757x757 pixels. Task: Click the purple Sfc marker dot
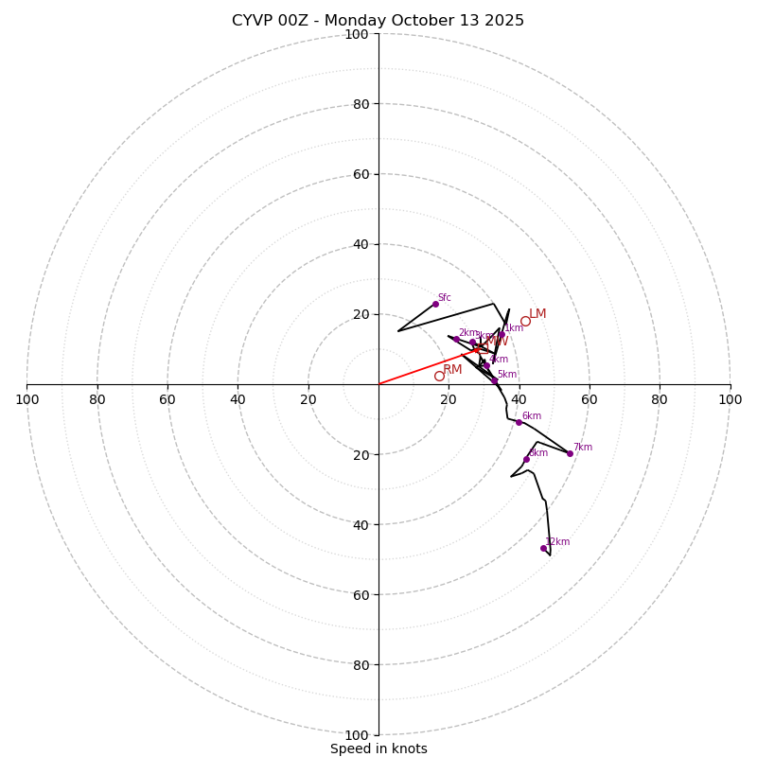point(435,304)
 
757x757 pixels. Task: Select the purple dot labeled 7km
point(570,453)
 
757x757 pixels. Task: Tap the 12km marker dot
point(543,548)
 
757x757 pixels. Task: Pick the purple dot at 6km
point(519,422)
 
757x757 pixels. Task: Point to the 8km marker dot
point(526,459)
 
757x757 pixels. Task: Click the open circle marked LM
point(525,321)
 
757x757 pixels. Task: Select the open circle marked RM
point(439,376)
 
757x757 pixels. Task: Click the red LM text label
point(537,314)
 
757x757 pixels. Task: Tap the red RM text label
point(452,370)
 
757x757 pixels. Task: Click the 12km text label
point(557,542)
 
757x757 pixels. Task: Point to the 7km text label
point(582,448)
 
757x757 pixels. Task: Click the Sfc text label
point(444,298)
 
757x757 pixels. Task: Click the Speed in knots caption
point(378,748)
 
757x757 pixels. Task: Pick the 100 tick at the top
point(357,34)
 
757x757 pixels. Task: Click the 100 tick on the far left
point(26,399)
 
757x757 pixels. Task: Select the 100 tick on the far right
point(730,399)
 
